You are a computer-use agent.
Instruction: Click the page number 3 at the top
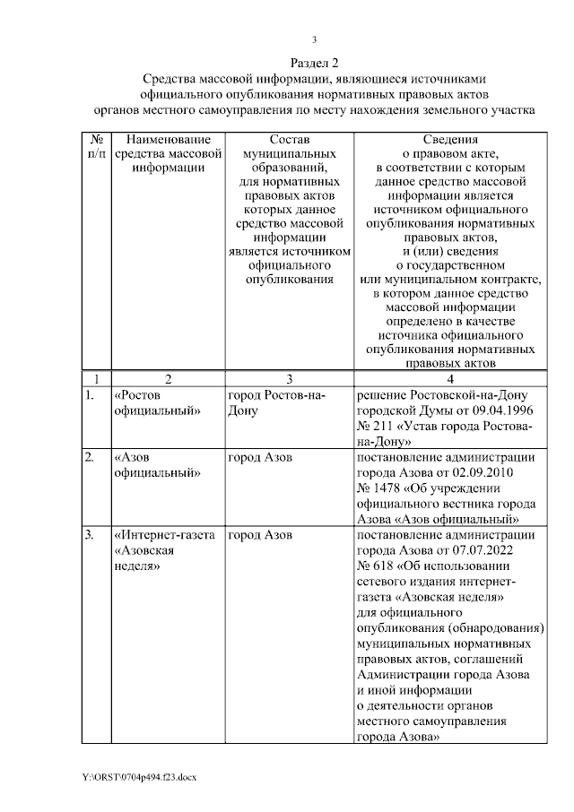point(315,39)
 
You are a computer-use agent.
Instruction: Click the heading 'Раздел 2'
point(315,63)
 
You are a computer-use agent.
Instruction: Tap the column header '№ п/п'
point(96,148)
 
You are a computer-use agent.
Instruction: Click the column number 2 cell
point(168,378)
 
